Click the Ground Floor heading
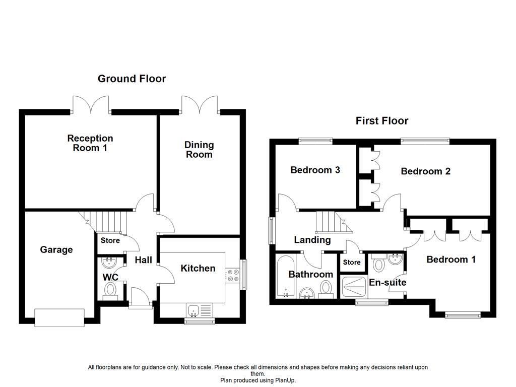[x=132, y=79]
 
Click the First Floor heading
[x=381, y=121]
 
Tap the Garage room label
[x=56, y=250]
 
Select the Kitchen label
[x=198, y=269]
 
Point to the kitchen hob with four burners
[x=233, y=275]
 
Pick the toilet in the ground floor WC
[x=110, y=290]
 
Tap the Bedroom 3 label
[x=315, y=170]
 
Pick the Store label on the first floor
[x=352, y=263]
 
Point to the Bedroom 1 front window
[x=461, y=316]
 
